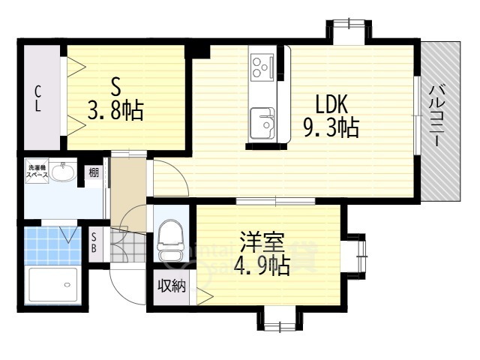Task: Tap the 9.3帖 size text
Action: pos(331,129)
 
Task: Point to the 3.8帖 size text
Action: pos(116,112)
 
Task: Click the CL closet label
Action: pos(37,98)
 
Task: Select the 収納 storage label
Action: pos(170,286)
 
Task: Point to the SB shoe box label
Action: pos(94,244)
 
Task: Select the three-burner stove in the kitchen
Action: pos(262,67)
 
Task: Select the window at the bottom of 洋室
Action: pos(279,325)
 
